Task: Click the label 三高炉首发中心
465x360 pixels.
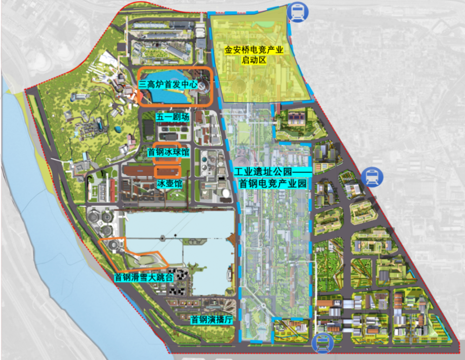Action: coord(168,85)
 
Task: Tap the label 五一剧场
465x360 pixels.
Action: coord(173,117)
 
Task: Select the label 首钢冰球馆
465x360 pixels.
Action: coord(168,152)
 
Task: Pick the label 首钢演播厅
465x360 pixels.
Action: coord(211,320)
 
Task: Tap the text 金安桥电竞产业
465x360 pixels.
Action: coord(254,50)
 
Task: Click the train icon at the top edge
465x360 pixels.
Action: coord(296,12)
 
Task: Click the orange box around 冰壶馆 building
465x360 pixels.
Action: coord(167,171)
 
